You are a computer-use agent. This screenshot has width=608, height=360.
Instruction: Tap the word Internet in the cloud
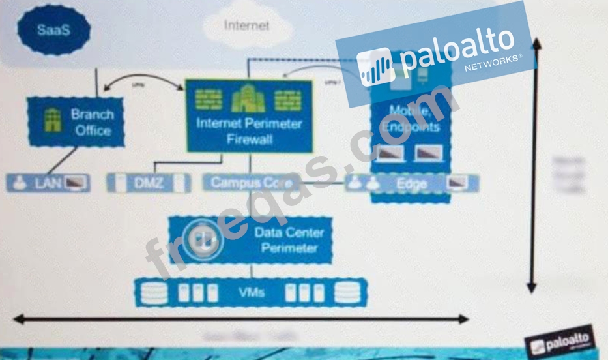pos(246,25)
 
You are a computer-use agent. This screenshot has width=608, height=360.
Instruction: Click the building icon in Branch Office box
pos(52,121)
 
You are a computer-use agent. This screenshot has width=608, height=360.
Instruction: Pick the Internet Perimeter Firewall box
pos(249,116)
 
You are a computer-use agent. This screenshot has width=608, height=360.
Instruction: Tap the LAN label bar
pos(48,183)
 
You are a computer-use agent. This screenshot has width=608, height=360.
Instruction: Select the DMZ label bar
pos(149,183)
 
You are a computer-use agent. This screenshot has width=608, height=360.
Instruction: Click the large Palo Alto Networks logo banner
pos(435,54)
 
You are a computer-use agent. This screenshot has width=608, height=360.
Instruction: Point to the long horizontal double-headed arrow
pos(241,319)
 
